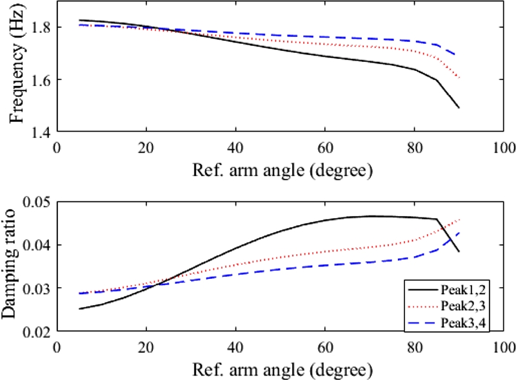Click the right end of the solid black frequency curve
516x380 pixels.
pyautogui.click(x=459, y=108)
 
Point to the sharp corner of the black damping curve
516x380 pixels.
pyautogui.click(x=437, y=219)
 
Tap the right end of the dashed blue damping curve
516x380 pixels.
pyautogui.click(x=459, y=232)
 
